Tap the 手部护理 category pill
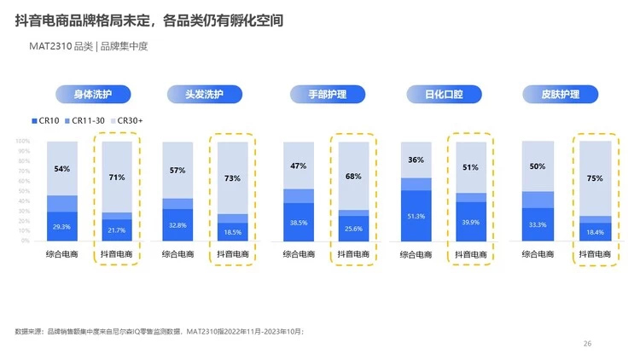pos(329,94)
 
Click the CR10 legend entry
pos(45,121)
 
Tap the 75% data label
pos(595,178)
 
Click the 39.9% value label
pos(470,223)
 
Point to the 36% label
pos(416,160)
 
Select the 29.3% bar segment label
pos(61,227)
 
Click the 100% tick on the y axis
pos(22,142)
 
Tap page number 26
pos(587,343)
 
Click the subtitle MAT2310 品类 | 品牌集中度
pos(89,46)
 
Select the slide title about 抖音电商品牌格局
pos(149,18)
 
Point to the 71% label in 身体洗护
pos(117,177)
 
